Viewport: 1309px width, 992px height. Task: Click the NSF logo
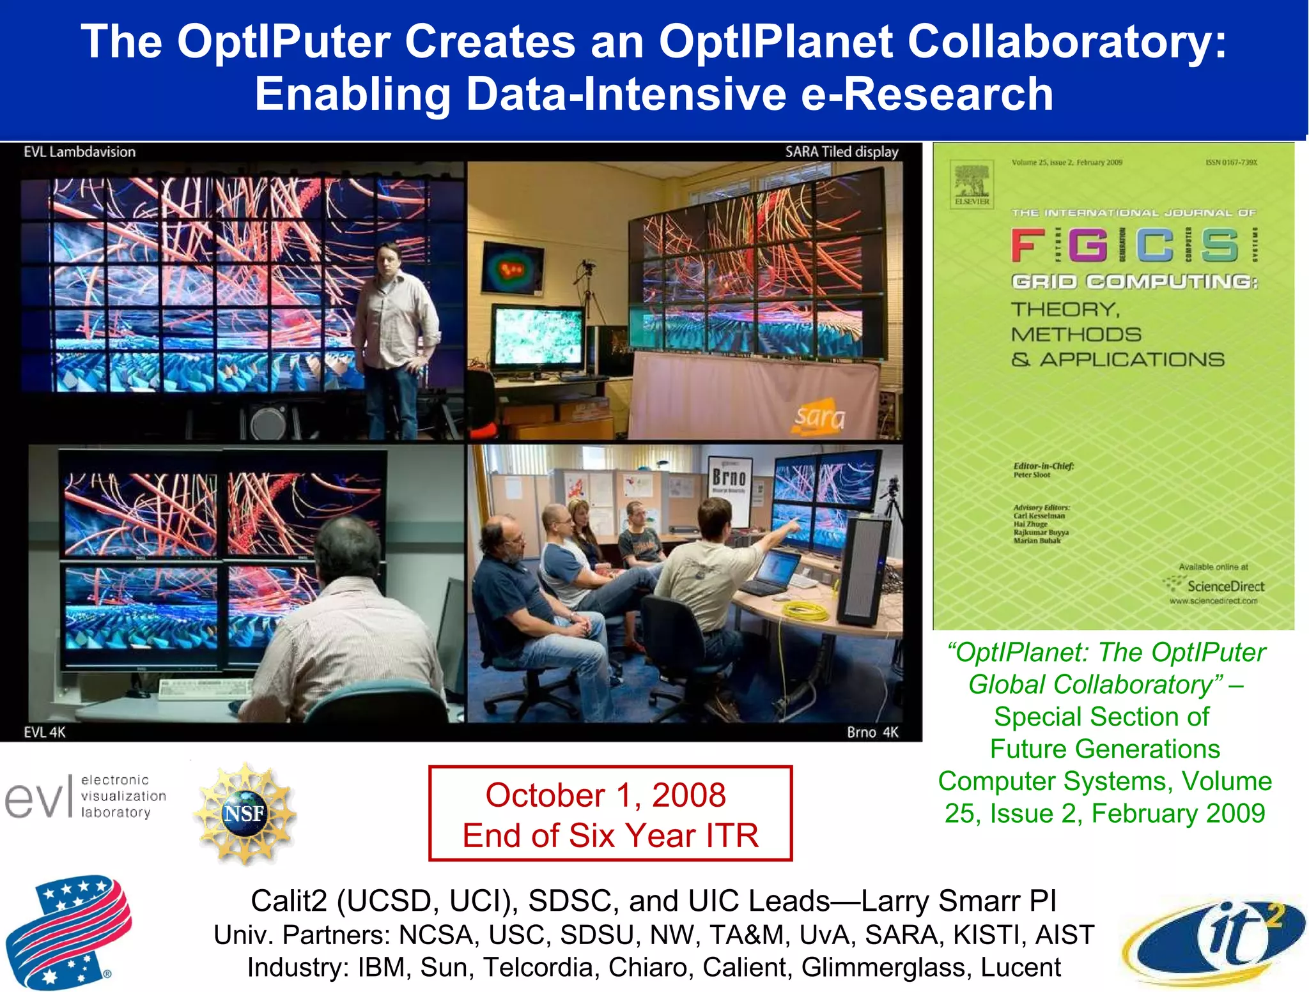click(x=245, y=813)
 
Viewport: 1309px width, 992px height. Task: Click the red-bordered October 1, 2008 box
click(x=610, y=813)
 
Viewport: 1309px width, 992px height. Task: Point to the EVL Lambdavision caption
click(x=80, y=152)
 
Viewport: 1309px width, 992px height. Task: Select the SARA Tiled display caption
click(x=841, y=152)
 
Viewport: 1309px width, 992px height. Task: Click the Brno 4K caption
click(x=872, y=732)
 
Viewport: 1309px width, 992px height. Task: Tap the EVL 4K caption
click(x=45, y=732)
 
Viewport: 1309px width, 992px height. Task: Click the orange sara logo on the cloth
click(x=819, y=416)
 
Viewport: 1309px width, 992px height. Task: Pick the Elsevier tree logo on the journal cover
click(x=972, y=182)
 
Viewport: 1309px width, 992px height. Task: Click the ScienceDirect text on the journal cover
click(x=1225, y=586)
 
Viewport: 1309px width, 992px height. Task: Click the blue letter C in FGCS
click(x=1154, y=245)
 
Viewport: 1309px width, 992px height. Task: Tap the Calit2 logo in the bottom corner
click(x=1214, y=939)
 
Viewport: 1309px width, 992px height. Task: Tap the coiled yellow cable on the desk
click(x=806, y=613)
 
